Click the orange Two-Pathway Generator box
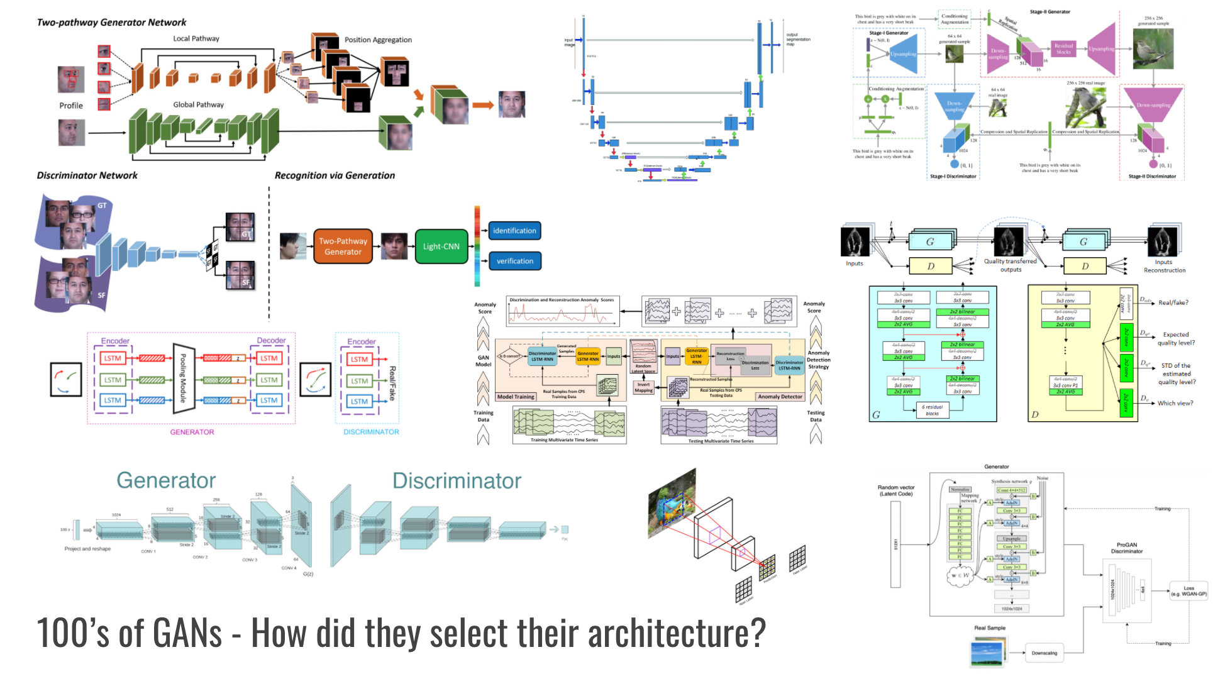343,246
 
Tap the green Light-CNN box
441,246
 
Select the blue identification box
514,231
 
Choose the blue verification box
514,261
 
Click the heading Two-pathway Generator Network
111,22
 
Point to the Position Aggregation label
378,40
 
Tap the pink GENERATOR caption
192,432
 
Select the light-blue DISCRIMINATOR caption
371,432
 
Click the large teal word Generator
166,480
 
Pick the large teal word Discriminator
457,481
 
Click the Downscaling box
1044,653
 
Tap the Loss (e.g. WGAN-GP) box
1188,591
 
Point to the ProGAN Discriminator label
1127,548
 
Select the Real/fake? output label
1173,302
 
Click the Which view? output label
1175,403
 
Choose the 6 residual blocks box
932,410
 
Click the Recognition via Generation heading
335,175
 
